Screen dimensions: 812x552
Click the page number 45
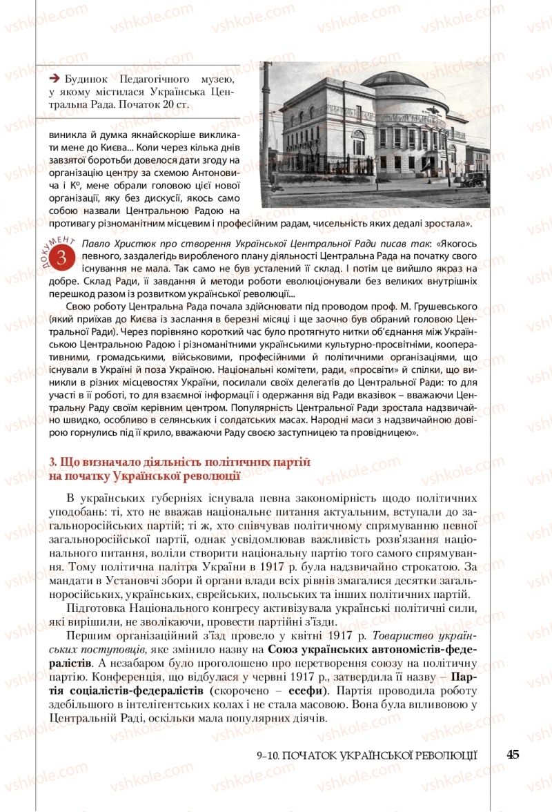pyautogui.click(x=512, y=754)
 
